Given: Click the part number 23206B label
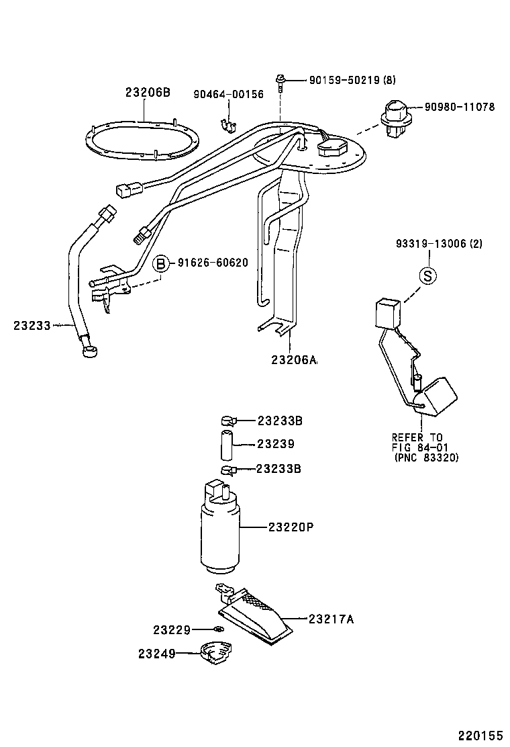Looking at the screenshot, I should tap(148, 92).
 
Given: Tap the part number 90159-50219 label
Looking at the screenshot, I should tap(343, 80).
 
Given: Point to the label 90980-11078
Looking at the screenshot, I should tap(459, 107).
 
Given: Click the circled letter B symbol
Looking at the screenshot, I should tap(161, 263).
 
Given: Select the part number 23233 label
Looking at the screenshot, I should tap(32, 325).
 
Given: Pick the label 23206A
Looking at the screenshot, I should tap(293, 359).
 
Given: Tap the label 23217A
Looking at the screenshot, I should tap(331, 619).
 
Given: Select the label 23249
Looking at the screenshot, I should tap(158, 653).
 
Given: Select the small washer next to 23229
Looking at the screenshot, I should tap(217, 629).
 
